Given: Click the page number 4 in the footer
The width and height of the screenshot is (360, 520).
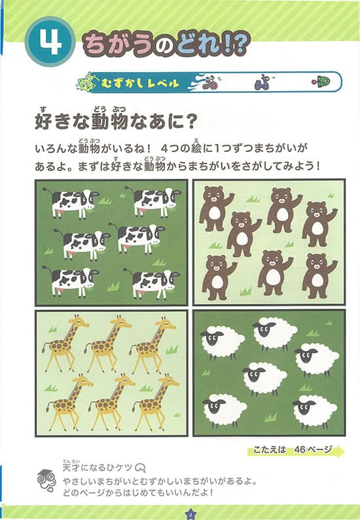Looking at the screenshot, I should pyautogui.click(x=190, y=513).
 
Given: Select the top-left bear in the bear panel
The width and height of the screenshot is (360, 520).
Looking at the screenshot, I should pyautogui.click(x=214, y=207).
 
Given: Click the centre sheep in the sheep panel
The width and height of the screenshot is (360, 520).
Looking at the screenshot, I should pyautogui.click(x=264, y=379).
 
